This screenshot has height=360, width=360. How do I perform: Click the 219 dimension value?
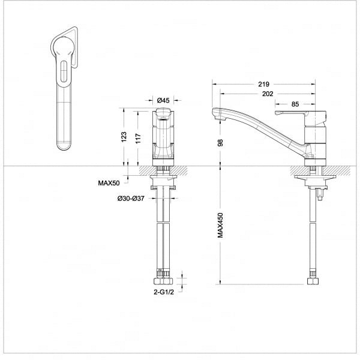263,84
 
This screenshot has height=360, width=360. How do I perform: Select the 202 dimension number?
268,94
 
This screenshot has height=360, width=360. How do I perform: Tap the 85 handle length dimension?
295,104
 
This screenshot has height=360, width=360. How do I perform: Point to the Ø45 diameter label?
163,100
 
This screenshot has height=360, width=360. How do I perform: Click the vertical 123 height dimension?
124,137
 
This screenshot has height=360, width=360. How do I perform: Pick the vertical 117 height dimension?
138,139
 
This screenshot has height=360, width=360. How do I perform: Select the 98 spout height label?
220,143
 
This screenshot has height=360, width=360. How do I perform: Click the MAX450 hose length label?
220,225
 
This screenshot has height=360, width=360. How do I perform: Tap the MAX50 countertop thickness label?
109,183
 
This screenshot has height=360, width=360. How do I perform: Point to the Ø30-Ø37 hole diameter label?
131,199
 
